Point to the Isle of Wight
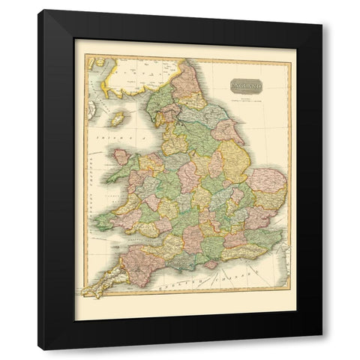[x=210, y=264]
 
